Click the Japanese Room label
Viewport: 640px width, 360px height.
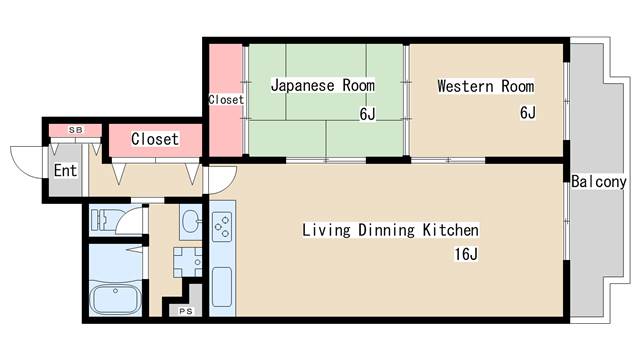tap(322, 86)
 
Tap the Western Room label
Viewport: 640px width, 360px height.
tap(485, 86)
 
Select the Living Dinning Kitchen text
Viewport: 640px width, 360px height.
tap(390, 230)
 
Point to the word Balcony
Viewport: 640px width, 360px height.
tap(599, 182)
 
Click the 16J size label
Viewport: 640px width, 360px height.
tap(466, 255)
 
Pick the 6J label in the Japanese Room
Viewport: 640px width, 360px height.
tap(367, 113)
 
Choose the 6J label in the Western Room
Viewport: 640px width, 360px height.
tap(527, 113)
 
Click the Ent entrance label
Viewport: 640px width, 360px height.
tap(65, 171)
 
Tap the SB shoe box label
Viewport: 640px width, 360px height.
tap(75, 130)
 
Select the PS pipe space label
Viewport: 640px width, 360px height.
tap(186, 312)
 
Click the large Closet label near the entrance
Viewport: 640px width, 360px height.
tap(154, 139)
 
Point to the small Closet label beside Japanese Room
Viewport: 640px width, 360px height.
tap(224, 100)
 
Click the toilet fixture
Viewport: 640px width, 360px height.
tap(103, 219)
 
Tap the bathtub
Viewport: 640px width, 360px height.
tap(114, 299)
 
